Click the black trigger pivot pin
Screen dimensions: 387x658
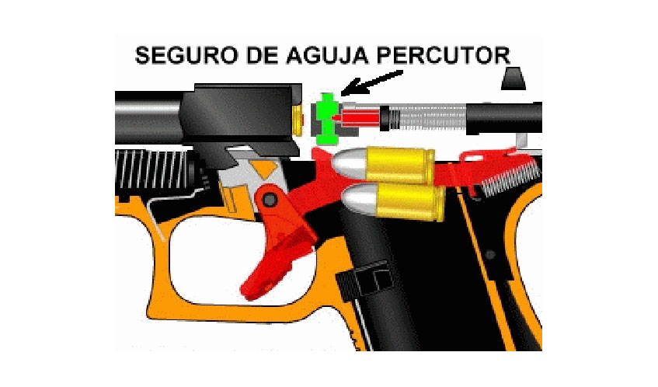tap(269, 200)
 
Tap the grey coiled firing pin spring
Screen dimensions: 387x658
tap(431, 117)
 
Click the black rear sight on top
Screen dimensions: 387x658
tap(514, 78)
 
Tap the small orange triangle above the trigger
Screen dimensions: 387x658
tap(267, 167)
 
